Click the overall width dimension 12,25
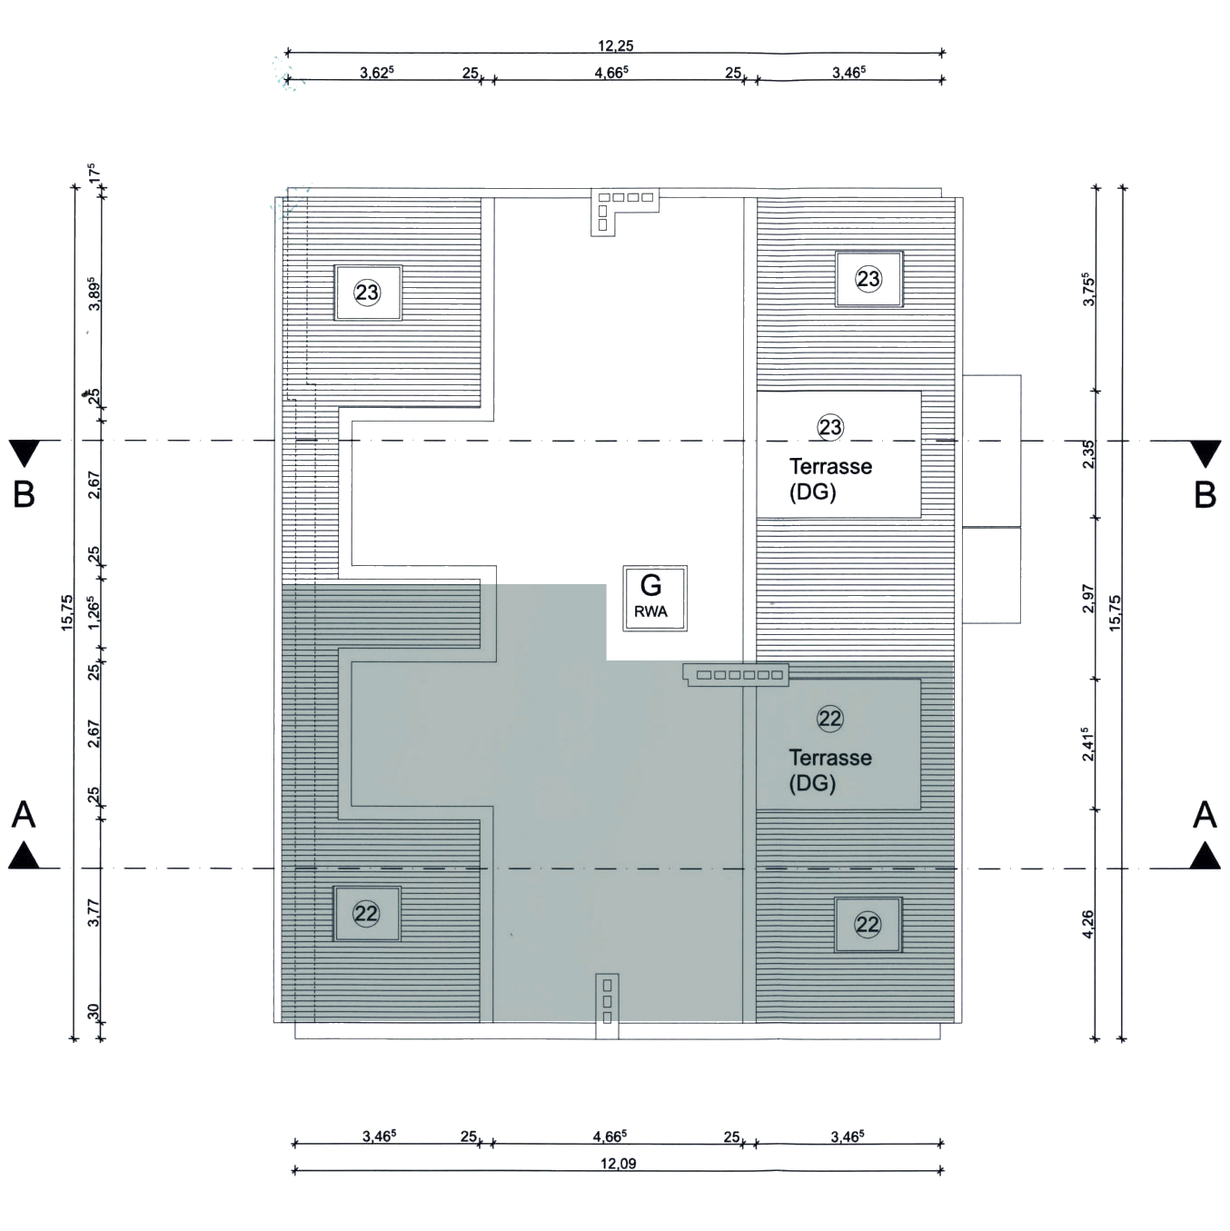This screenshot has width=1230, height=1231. (x=615, y=45)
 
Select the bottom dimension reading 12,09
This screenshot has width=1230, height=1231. (x=618, y=1163)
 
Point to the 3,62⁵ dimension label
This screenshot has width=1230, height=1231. (x=376, y=73)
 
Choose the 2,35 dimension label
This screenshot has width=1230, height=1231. (x=1088, y=453)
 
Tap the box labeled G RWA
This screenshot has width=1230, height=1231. (x=651, y=597)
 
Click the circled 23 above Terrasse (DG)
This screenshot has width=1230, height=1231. (x=830, y=427)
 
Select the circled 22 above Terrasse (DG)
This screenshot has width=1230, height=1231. (x=830, y=719)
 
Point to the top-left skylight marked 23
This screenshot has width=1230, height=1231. (x=368, y=293)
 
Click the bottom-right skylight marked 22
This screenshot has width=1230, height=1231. (x=868, y=925)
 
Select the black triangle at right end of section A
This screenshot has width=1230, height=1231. (x=1205, y=856)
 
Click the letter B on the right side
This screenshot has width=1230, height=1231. (x=1205, y=495)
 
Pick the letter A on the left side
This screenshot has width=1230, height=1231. (x=24, y=815)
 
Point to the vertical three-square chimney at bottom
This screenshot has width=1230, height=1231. (x=608, y=1003)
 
